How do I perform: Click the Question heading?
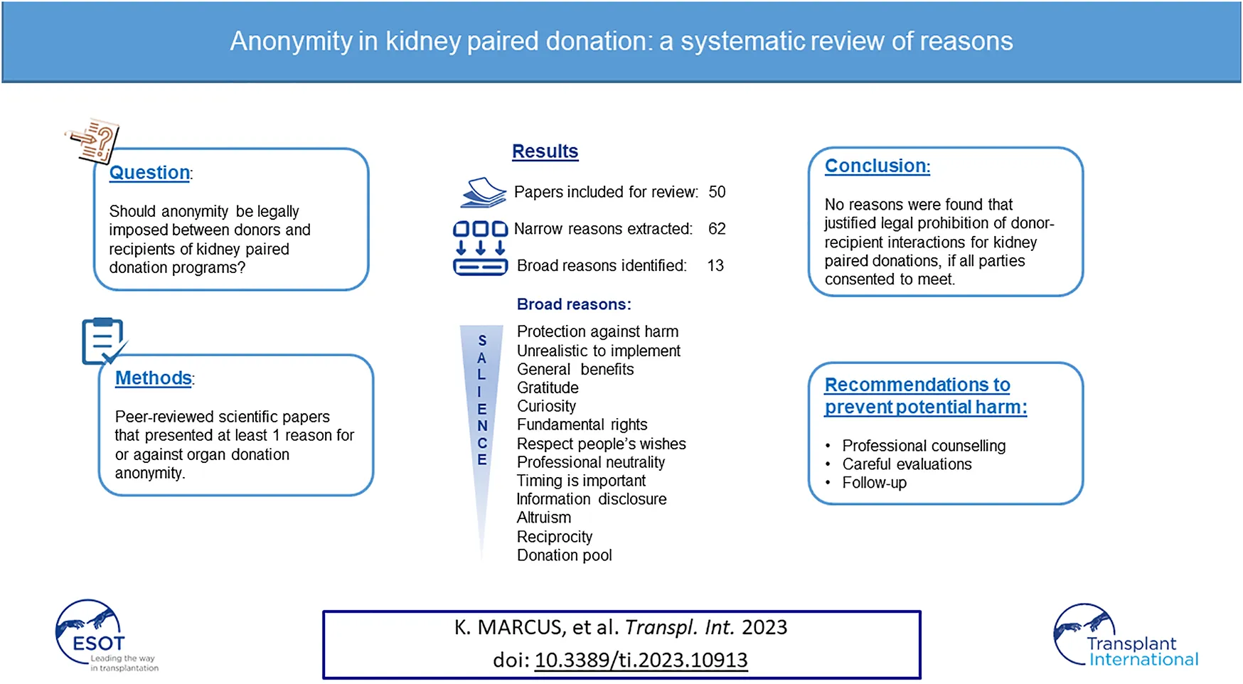point(150,173)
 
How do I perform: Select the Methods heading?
point(154,378)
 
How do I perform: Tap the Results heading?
point(545,151)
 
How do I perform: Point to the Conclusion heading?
point(877,166)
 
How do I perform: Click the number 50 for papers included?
point(717,192)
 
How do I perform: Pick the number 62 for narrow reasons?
point(717,229)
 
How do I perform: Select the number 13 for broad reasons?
point(715,266)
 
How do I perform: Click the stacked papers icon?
point(483,193)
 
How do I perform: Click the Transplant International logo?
point(1126,636)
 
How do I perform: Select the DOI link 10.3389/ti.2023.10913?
point(641,661)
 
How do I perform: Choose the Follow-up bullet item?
point(874,483)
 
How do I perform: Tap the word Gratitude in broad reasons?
point(548,388)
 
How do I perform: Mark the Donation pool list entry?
point(564,555)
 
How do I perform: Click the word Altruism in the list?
point(543,518)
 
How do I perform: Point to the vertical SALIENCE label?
point(482,400)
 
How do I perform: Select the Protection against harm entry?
point(597,332)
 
